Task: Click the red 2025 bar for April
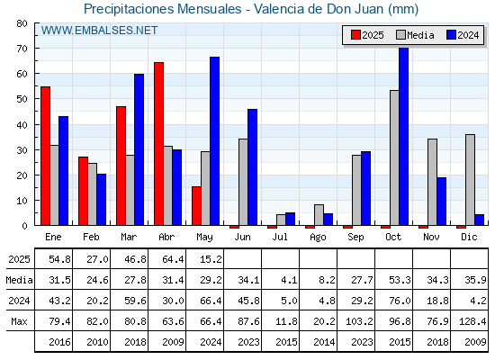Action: pos(158,144)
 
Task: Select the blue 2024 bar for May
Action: pos(215,141)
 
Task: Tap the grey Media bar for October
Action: pos(394,157)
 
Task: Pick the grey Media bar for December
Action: pos(470,180)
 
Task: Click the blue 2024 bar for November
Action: pos(442,202)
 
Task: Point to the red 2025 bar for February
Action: pos(83,191)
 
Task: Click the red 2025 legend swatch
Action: pos(355,35)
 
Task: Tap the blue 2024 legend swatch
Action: pos(451,35)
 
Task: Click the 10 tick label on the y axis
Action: pos(22,201)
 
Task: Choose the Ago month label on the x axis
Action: pos(318,238)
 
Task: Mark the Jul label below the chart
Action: pos(280,237)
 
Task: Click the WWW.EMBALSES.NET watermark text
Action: pos(99,31)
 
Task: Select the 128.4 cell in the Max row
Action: pos(472,321)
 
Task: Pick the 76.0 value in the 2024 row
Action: pos(400,301)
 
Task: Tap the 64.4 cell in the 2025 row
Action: pos(173,259)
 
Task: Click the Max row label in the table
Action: pos(19,321)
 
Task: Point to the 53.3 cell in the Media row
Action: pos(400,280)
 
